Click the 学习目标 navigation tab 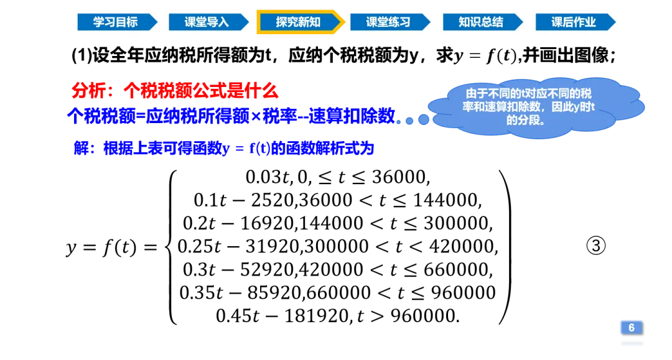click(x=116, y=22)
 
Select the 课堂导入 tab click(x=207, y=22)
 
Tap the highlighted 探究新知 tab click(x=298, y=22)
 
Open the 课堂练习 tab click(x=388, y=22)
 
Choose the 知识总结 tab click(x=480, y=22)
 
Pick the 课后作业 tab click(x=573, y=22)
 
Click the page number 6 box click(x=631, y=328)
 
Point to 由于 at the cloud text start click(x=474, y=94)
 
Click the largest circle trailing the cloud click(x=424, y=119)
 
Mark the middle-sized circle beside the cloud click(x=409, y=121)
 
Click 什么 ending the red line click(x=264, y=91)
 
